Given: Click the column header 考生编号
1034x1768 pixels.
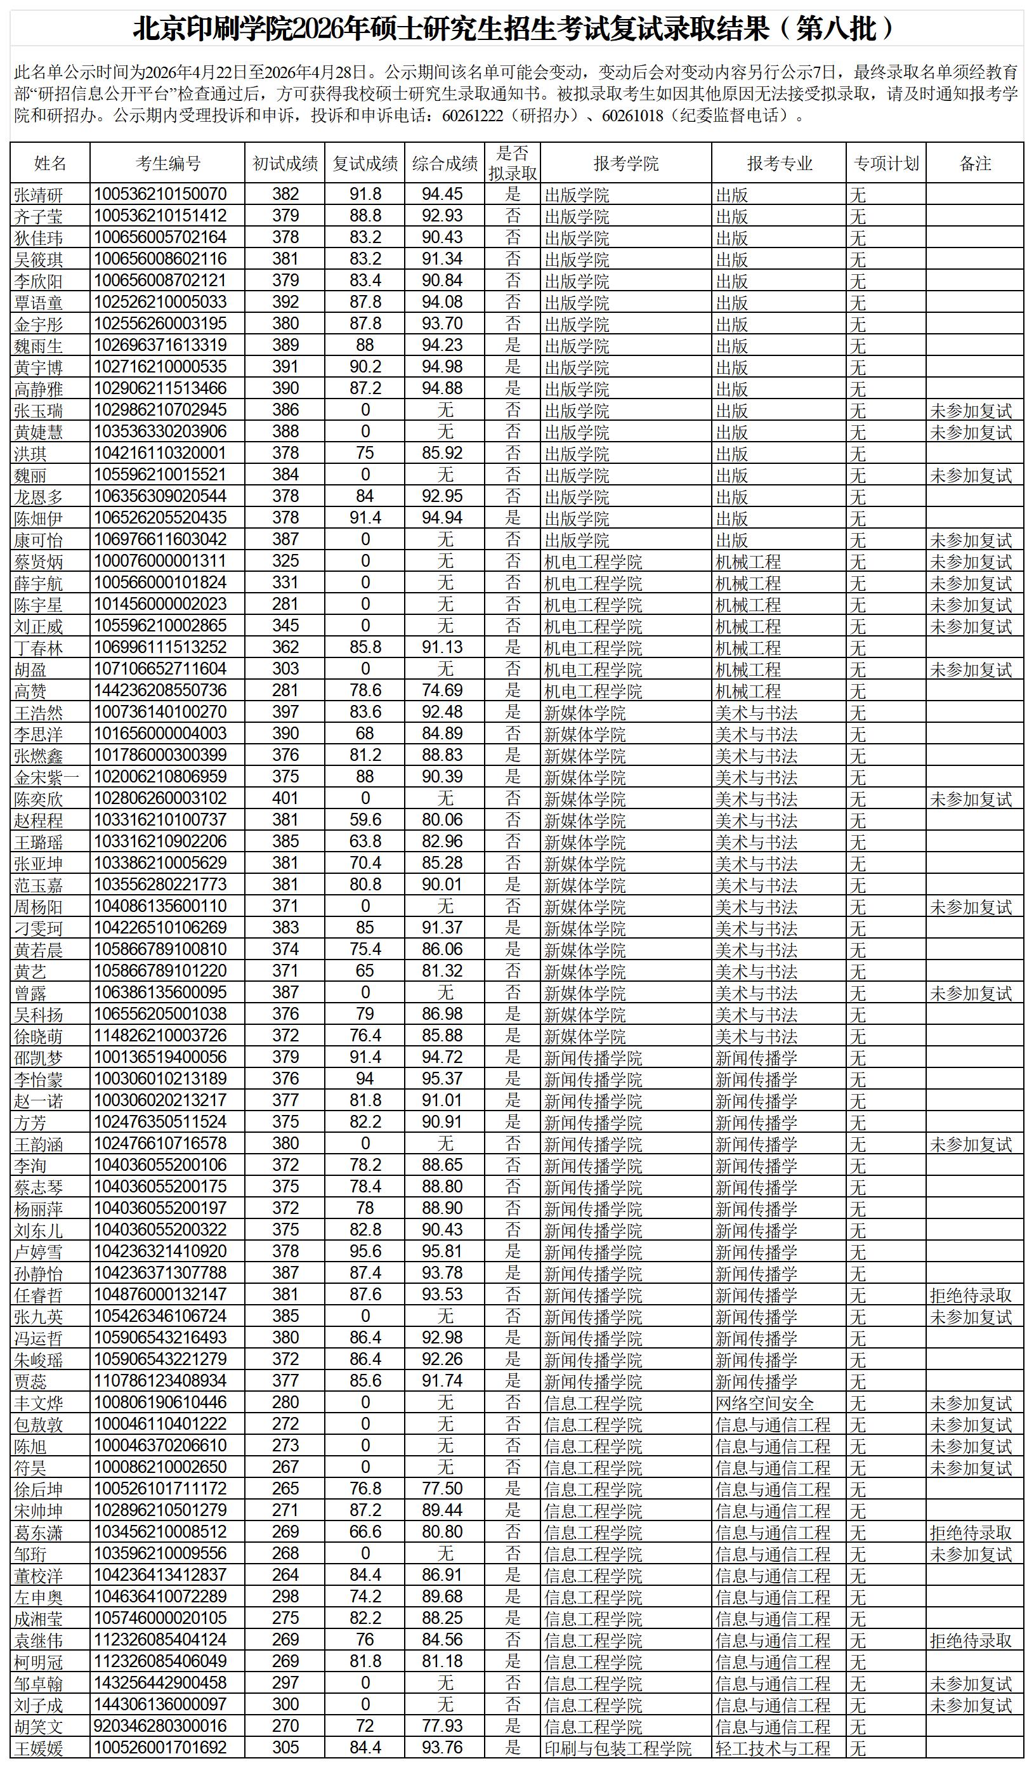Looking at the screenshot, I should point(167,164).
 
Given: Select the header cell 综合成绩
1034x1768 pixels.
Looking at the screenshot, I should point(445,164).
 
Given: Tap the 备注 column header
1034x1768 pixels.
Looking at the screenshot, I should point(974,164).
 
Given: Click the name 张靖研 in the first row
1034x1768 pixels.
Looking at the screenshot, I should point(39,195).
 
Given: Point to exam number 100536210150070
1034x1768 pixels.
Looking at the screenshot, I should point(160,194).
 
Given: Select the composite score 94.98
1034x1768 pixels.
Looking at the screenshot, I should point(442,367).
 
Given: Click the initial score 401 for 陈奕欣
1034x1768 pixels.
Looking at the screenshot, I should point(285,798).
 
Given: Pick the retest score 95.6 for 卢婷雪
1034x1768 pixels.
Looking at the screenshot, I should point(365,1251).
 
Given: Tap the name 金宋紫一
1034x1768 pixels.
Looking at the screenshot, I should point(47,777).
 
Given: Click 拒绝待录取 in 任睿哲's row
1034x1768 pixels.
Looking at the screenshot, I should point(971,1295).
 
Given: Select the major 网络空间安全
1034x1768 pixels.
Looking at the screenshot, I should point(764,1403).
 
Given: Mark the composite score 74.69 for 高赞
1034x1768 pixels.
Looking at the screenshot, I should point(442,690).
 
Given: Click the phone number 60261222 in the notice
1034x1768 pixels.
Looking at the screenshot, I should point(473,115).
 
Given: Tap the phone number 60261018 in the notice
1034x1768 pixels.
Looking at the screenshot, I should point(632,115).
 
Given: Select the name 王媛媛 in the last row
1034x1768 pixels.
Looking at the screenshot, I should point(39,1748).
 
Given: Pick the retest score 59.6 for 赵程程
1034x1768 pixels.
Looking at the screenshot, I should point(365,820).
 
